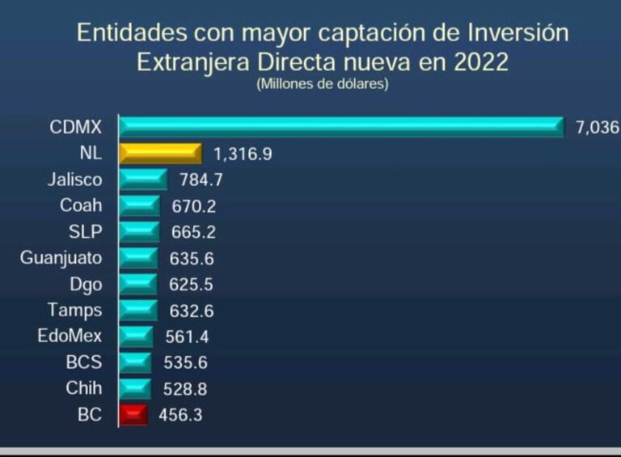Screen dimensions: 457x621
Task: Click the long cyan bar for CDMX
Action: (340, 126)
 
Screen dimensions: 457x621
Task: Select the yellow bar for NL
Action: (159, 153)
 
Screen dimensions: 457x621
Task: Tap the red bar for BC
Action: (133, 415)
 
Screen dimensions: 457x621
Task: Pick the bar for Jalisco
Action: (142, 180)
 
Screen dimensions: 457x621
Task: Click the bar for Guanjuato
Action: (138, 258)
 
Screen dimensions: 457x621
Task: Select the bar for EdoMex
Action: (136, 336)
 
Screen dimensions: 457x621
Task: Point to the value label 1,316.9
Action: (243, 154)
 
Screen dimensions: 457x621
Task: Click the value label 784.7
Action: (201, 180)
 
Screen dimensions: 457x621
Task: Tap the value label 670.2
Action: (194, 206)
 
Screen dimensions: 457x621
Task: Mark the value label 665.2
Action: (194, 232)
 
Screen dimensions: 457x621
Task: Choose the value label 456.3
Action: (182, 415)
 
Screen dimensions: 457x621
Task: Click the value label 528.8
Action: (185, 389)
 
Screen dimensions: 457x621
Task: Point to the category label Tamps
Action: (75, 310)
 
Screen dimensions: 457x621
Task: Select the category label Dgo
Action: (86, 284)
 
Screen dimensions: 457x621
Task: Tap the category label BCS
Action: (84, 362)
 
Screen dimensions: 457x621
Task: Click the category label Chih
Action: (84, 388)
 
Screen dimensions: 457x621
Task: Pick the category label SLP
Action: (86, 232)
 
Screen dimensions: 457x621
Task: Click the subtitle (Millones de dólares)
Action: (323, 84)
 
